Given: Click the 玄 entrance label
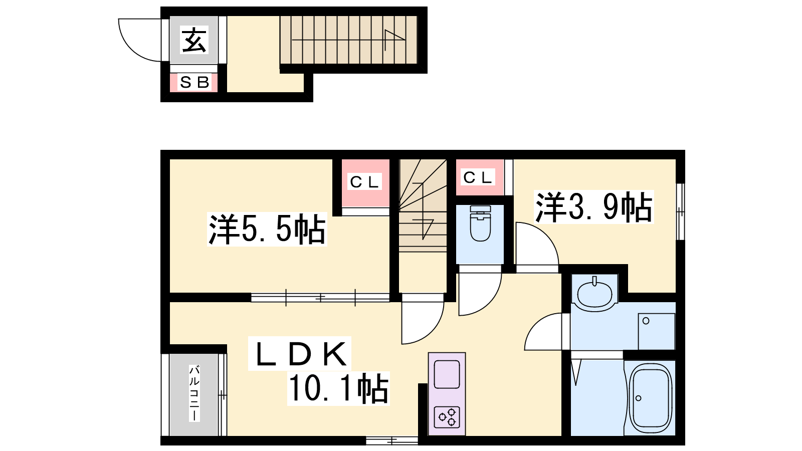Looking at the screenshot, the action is [x=193, y=41].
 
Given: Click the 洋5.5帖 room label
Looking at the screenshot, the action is [x=267, y=229].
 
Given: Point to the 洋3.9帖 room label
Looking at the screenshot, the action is [x=593, y=207].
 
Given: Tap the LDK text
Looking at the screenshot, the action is [x=300, y=354].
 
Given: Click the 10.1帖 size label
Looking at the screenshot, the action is [x=338, y=388].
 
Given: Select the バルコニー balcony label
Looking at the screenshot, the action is [x=194, y=393].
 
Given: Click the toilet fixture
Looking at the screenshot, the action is [x=480, y=223].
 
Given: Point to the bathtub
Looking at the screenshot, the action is [x=650, y=398].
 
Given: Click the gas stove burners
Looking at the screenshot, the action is [x=447, y=417].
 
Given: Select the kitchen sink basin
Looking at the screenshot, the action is [x=447, y=374].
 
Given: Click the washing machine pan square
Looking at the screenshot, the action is [x=657, y=331].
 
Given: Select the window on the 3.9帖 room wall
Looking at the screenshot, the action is [x=680, y=212].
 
